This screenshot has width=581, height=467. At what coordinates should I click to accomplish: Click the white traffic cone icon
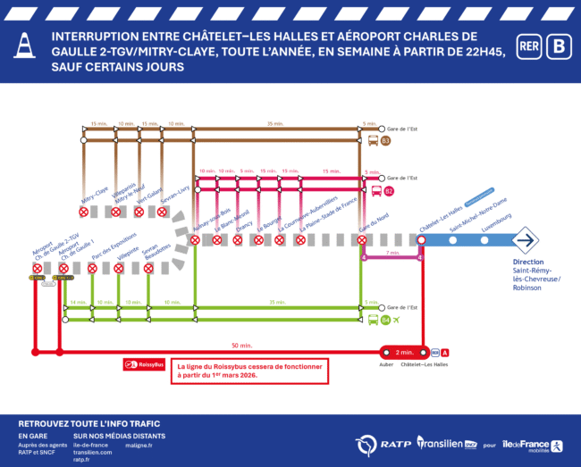click(24, 46)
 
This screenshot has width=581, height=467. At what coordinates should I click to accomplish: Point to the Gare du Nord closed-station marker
click(362, 239)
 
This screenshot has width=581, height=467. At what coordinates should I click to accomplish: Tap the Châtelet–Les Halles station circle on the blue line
click(420, 239)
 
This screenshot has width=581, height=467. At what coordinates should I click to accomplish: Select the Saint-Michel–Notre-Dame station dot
click(457, 239)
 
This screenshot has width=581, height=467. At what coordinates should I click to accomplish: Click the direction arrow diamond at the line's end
click(525, 239)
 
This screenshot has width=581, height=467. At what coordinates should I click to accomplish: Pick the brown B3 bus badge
click(386, 140)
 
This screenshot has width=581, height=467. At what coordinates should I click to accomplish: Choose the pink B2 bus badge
click(388, 191)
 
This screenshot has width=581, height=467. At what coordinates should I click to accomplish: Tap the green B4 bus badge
click(385, 320)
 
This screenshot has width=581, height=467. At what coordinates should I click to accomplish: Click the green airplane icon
click(397, 320)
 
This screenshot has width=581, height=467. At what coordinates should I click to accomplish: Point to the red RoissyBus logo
click(145, 364)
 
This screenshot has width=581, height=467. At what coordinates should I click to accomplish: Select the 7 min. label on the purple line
click(391, 253)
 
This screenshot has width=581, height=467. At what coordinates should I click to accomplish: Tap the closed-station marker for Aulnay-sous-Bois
click(194, 239)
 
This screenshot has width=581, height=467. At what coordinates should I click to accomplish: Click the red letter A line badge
click(446, 352)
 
